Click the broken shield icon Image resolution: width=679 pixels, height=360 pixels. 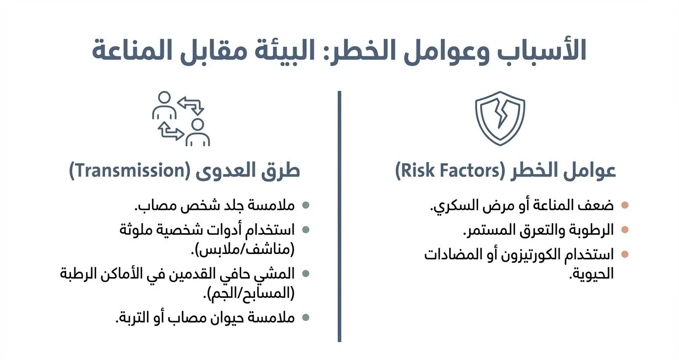click(x=500, y=118)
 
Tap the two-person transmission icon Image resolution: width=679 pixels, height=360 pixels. click(x=181, y=119)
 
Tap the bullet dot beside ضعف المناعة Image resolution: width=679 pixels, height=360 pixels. click(x=625, y=205)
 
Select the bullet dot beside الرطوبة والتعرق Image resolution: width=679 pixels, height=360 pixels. click(x=625, y=229)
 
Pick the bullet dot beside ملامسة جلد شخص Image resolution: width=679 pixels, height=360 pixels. click(x=306, y=205)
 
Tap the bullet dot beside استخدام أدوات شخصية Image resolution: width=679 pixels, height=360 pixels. click(x=306, y=229)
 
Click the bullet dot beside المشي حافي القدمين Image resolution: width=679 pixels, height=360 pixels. click(x=306, y=273)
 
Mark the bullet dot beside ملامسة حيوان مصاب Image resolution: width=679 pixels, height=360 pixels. click(x=306, y=317)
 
